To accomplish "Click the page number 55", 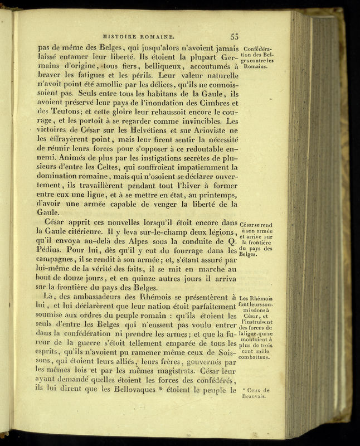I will click(234, 37).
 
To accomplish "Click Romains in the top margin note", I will click(255, 66).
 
